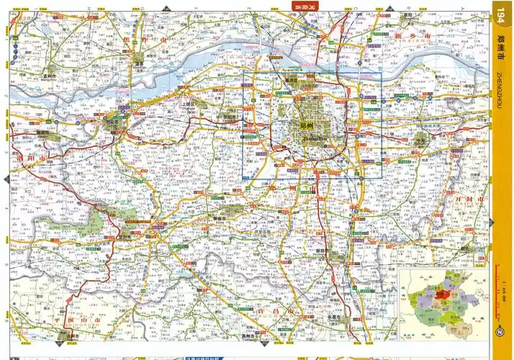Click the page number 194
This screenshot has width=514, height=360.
click(x=502, y=14)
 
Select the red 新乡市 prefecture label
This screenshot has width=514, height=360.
click(x=413, y=35)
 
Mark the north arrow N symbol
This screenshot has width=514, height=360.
click(x=500, y=332)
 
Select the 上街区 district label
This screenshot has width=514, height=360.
click(x=188, y=104)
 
